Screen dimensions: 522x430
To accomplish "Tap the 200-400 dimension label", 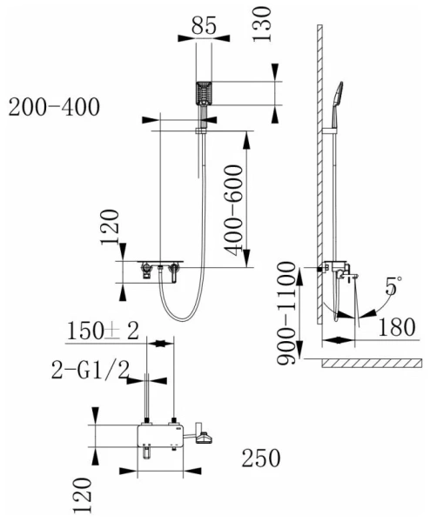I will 54,108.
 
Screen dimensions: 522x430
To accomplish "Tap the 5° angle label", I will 393,285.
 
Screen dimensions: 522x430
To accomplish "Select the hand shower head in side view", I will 339,95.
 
